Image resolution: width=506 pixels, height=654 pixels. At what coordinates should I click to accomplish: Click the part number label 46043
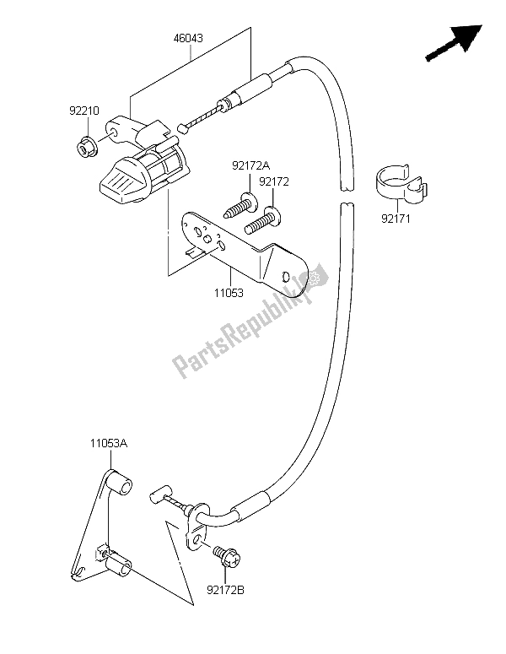tap(190, 40)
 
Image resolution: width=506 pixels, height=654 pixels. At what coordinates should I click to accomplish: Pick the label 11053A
tap(110, 442)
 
